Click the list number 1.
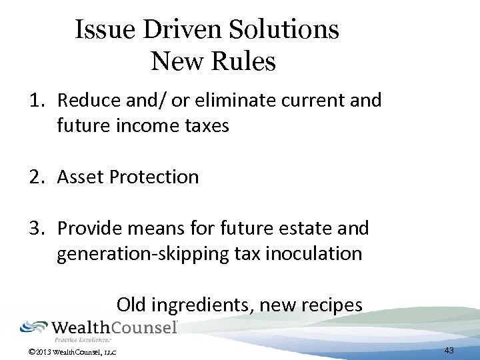pyautogui.click(x=35, y=101)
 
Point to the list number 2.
pyautogui.click(x=35, y=177)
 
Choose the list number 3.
pyautogui.click(x=35, y=229)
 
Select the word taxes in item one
pyautogui.click(x=206, y=126)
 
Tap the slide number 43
pyautogui.click(x=449, y=350)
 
